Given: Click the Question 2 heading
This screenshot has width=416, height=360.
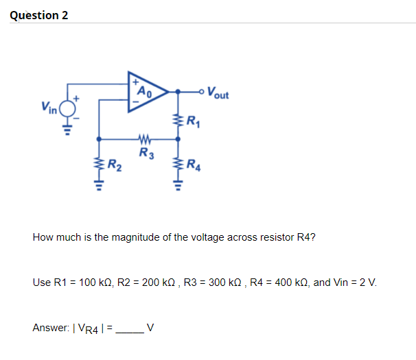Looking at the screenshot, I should click(x=39, y=15).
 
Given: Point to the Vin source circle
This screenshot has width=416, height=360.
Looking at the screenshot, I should click(x=67, y=108).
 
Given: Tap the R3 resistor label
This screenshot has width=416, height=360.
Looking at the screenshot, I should click(x=146, y=152).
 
